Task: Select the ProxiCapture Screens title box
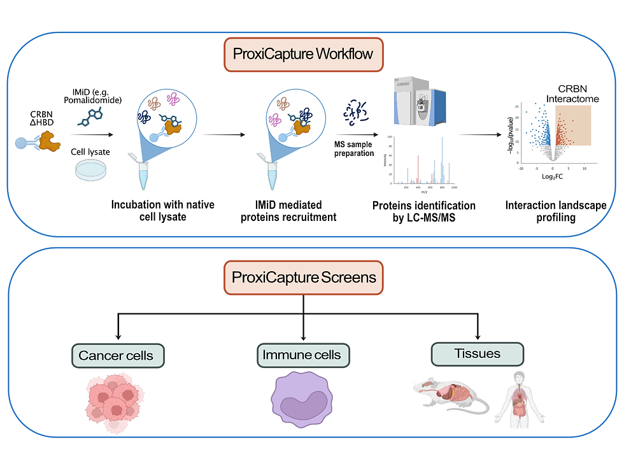304,278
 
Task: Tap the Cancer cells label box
116,355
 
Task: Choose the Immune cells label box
302,355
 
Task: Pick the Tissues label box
477,354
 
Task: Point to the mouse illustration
449,398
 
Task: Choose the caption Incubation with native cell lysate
163,211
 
